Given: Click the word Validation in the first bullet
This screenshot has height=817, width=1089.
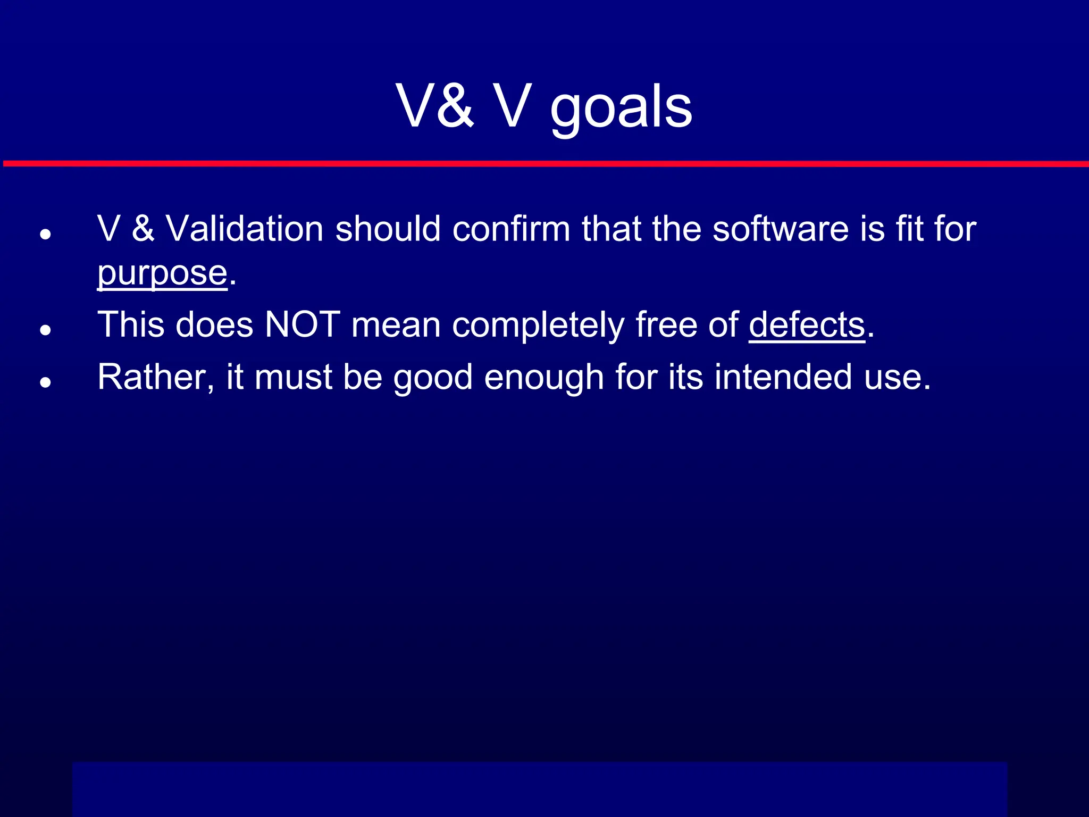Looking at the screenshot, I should coord(245,229).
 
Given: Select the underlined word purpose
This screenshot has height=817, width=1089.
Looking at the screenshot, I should coord(162,273).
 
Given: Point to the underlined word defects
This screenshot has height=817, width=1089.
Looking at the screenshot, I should coord(807,324).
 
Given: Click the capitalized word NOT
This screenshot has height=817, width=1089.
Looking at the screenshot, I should coord(302,324).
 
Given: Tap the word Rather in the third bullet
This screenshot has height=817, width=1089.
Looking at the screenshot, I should coord(156,377).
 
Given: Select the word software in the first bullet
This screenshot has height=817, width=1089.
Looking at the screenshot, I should coord(780,229).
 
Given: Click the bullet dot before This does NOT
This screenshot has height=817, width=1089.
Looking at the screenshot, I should coord(45,330).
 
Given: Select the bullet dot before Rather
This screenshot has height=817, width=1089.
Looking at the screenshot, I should coord(45,382).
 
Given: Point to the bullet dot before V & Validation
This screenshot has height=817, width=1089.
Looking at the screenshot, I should coord(45,234).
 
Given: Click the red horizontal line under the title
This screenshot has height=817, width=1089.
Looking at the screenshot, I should coord(544,163).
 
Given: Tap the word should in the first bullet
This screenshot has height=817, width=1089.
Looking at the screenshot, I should coord(388,229).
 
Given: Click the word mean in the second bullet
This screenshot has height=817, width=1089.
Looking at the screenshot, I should coord(396,326).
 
